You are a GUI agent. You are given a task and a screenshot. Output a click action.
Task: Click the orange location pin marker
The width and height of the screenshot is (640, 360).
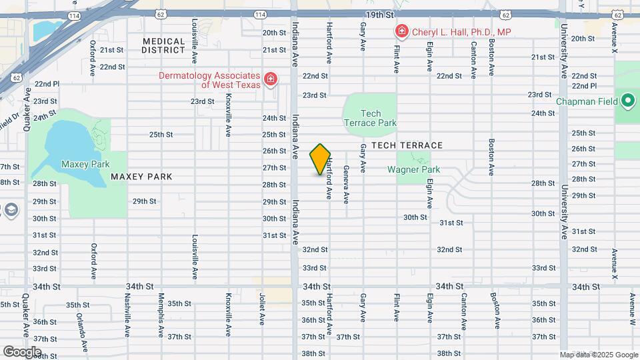tap(320, 159)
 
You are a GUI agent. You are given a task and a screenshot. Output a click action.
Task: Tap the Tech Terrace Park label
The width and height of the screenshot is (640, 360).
tap(370, 118)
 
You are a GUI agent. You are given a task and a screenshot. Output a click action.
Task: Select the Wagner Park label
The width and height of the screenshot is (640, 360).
tap(413, 169)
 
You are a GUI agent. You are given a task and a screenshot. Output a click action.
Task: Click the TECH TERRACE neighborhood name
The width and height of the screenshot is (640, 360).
tap(407, 145)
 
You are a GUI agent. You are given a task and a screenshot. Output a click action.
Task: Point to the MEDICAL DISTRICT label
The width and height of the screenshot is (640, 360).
tap(163, 45)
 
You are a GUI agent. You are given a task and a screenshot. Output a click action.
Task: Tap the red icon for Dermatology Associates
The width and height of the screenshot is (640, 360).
tap(271, 80)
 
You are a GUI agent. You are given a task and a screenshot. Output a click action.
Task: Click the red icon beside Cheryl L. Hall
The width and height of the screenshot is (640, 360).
tap(401, 31)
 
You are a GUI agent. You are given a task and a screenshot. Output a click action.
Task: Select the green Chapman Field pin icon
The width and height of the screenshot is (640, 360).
tap(627, 102)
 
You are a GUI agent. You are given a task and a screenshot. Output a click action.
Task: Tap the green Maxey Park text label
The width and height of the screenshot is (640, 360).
tap(85, 164)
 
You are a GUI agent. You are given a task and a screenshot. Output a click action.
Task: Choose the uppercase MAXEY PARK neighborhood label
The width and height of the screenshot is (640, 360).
tap(141, 177)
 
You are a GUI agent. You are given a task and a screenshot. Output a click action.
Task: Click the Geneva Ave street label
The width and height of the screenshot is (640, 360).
tap(346, 184)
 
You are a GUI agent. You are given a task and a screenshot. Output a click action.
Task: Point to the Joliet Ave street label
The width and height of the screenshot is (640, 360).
tap(262, 309)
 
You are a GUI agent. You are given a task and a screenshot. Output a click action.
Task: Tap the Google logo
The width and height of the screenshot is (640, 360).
tap(22, 351)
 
